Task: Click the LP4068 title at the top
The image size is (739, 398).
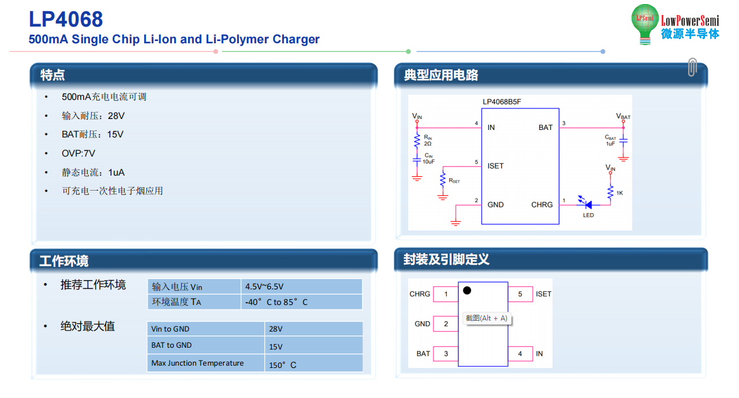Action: point(66,19)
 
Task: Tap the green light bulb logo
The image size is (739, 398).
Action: point(645,24)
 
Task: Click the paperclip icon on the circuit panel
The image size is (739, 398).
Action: point(692,67)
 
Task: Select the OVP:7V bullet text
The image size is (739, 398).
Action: point(78,154)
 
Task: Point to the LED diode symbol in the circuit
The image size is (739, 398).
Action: point(587,204)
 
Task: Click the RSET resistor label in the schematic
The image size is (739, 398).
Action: point(454,181)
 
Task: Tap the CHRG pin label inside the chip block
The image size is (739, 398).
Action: point(542,204)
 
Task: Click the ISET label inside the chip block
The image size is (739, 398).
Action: point(495,166)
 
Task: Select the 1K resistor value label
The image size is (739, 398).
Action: point(619,193)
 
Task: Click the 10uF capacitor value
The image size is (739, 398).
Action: point(428,162)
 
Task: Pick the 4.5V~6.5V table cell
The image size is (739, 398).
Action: point(301,286)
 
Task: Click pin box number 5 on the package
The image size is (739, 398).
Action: point(520,294)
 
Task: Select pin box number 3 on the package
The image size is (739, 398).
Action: point(446,354)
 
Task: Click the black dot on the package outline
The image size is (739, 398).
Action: point(467,291)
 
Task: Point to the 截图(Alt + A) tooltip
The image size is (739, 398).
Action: point(487,318)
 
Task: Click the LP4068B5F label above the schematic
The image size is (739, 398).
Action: point(502,102)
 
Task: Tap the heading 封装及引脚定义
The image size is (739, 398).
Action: point(446,259)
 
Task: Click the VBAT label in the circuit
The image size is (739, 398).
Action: point(623,116)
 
